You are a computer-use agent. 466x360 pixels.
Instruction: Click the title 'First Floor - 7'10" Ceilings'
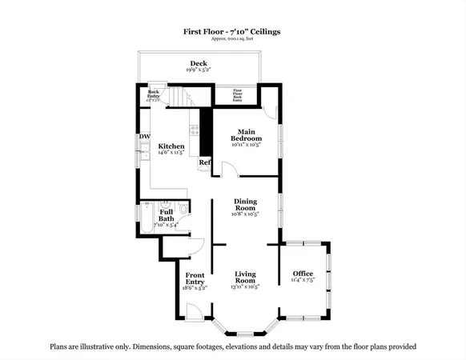[x=232, y=31]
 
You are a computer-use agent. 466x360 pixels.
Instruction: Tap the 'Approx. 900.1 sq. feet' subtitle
[x=232, y=39]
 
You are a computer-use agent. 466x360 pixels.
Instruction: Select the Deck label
[x=199, y=63]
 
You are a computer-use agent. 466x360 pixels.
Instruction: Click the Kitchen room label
[x=171, y=146]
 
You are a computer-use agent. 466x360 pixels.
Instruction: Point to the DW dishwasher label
[x=145, y=137]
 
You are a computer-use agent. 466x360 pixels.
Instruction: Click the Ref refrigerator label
[x=205, y=162]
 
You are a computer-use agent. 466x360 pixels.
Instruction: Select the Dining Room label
[x=245, y=206]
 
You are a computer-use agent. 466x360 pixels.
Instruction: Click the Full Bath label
[x=166, y=214]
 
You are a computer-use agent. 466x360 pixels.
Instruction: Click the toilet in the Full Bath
[x=183, y=209]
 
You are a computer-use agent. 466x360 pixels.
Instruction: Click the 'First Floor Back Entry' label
[x=237, y=96]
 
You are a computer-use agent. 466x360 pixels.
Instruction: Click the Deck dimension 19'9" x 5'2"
[x=199, y=70]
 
